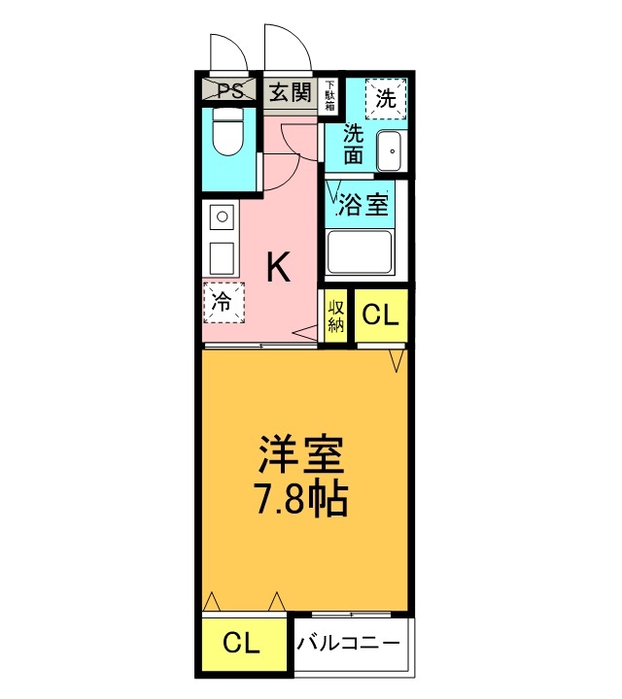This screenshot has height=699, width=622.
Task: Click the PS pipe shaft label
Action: (x=230, y=91)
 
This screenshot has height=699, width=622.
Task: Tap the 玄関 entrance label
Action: (x=290, y=93)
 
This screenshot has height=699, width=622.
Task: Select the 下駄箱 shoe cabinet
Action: (x=330, y=96)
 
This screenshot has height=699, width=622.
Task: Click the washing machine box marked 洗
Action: (x=386, y=99)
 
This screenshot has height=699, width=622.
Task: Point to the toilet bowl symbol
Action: (x=227, y=132)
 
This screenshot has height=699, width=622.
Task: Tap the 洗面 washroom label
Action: (x=353, y=144)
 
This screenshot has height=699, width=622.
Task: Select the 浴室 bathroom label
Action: (x=363, y=205)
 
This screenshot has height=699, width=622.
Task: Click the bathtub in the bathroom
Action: (x=360, y=252)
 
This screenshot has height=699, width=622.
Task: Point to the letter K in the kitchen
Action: (x=278, y=267)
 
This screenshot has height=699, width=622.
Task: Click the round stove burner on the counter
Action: (x=223, y=217)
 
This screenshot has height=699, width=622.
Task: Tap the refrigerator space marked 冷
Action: (x=224, y=303)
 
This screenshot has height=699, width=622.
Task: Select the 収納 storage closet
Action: (x=335, y=316)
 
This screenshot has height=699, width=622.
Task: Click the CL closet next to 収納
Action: (x=382, y=316)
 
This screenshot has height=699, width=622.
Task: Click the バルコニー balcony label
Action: (x=349, y=644)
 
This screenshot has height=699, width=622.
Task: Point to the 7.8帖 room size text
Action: (x=300, y=498)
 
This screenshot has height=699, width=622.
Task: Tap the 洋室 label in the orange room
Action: (x=301, y=454)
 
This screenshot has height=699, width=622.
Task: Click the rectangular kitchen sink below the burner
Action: (x=222, y=258)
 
